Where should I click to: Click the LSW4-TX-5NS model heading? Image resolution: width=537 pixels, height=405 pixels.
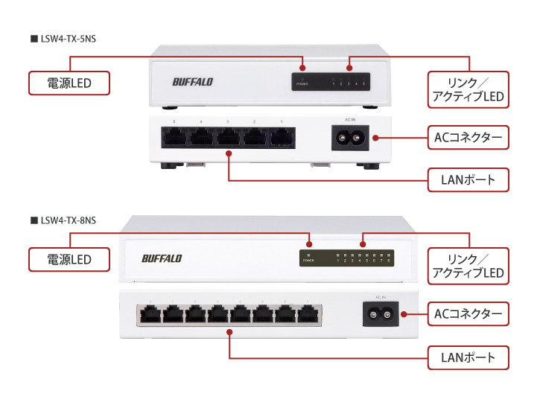66,37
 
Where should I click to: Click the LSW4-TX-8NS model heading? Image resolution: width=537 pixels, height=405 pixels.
66,220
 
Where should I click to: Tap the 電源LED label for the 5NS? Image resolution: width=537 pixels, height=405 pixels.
69,83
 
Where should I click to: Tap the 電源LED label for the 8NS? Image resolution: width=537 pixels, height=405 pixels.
69,259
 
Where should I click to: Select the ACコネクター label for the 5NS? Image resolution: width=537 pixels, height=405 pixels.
468,137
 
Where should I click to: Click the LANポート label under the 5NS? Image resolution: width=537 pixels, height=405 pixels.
468,179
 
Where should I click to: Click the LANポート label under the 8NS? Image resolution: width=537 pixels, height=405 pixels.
468,357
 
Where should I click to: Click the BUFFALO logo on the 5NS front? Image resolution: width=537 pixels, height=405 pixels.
192,82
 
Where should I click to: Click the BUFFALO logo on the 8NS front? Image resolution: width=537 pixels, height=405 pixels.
162,258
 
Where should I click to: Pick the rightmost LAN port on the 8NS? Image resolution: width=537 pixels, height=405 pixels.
307,315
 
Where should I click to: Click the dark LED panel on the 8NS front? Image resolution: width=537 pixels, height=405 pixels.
346,258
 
